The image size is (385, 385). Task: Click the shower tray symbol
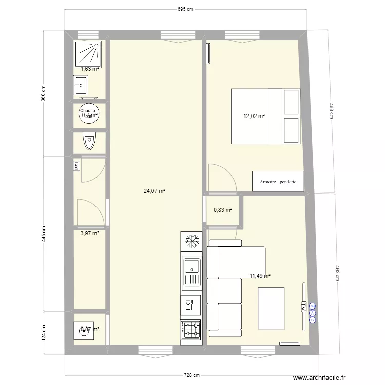90,54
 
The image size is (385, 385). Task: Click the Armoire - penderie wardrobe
278,181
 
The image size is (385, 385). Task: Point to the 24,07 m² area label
154,191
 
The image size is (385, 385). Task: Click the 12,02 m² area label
254,116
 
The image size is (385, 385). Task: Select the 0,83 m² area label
222,210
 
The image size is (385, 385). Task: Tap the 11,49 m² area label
260,276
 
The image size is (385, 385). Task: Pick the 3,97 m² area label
89,233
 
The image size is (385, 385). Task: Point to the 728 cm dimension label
193,375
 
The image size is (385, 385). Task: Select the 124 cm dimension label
44,333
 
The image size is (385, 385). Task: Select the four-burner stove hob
192,330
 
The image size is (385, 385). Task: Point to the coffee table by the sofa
271,307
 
